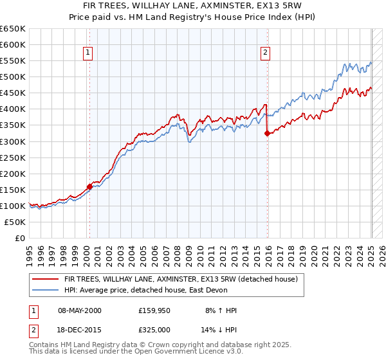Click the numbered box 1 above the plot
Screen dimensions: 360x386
click(87, 53)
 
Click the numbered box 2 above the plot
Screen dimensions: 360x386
click(265, 53)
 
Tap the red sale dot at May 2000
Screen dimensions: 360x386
click(89, 186)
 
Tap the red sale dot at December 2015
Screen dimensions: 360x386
click(267, 133)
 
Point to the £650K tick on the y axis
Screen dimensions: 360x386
click(13, 29)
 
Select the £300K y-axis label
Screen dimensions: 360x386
click(13, 141)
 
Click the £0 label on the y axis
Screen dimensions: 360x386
click(20, 238)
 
